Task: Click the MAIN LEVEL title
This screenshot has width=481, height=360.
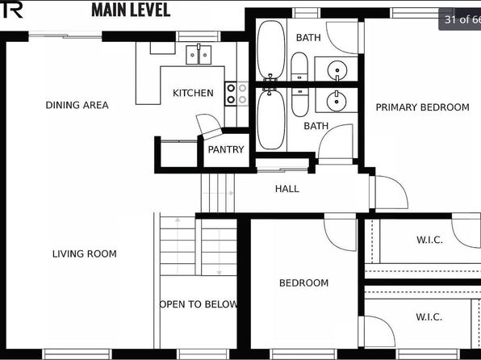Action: pyautogui.click(x=131, y=10)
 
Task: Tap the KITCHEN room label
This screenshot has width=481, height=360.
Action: pyautogui.click(x=193, y=93)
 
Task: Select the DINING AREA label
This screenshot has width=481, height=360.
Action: pyautogui.click(x=77, y=105)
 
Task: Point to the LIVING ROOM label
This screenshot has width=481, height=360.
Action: pyautogui.click(x=85, y=253)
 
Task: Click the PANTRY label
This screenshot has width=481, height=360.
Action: pyautogui.click(x=226, y=149)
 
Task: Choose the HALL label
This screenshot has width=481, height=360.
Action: pyautogui.click(x=287, y=189)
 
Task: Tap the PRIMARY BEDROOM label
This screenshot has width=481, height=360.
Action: pyautogui.click(x=422, y=107)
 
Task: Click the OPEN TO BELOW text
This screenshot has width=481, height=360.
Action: pyautogui.click(x=199, y=304)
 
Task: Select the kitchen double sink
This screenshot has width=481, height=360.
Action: pyautogui.click(x=199, y=54)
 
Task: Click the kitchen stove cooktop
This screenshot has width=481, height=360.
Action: pyautogui.click(x=236, y=94)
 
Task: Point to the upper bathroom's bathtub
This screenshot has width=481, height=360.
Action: pyautogui.click(x=271, y=50)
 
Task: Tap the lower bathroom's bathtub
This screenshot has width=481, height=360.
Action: pyautogui.click(x=271, y=119)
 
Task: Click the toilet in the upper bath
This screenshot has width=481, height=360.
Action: pyautogui.click(x=299, y=67)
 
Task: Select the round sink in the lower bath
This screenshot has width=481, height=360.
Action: pyautogui.click(x=337, y=100)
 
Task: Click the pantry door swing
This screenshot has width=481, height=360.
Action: pyautogui.click(x=209, y=126)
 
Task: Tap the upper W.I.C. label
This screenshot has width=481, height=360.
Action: pyautogui.click(x=430, y=240)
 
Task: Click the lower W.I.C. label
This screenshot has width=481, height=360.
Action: pyautogui.click(x=429, y=316)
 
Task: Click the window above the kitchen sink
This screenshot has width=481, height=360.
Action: pyautogui.click(x=199, y=36)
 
